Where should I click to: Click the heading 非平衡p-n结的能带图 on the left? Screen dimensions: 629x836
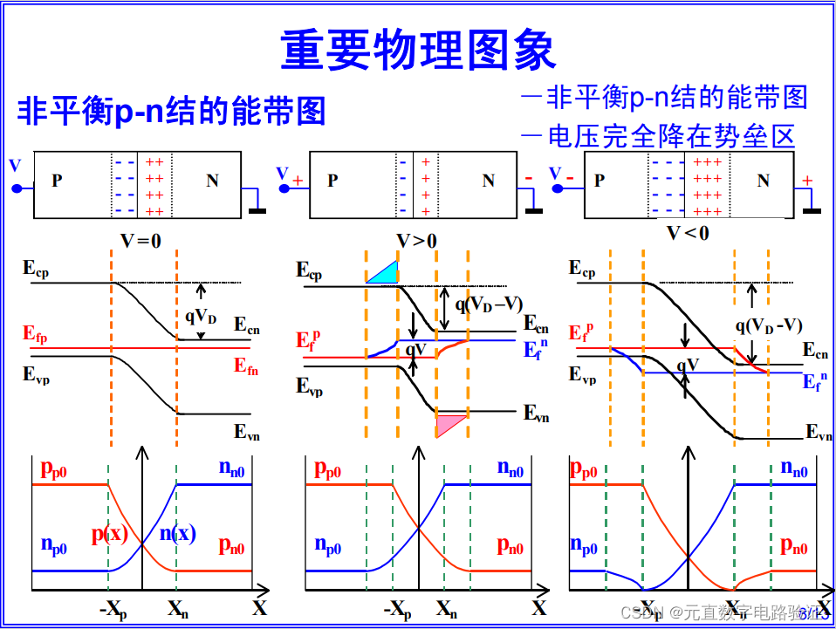click(x=171, y=112)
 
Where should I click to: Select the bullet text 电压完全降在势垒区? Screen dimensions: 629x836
click(x=671, y=136)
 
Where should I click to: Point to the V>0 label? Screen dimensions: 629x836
click(x=416, y=241)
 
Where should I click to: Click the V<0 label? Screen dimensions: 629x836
click(x=688, y=233)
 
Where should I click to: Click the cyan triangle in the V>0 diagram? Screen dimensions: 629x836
click(x=385, y=273)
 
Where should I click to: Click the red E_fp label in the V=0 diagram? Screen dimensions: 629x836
click(x=36, y=333)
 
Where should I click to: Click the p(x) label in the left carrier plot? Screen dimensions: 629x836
click(x=110, y=534)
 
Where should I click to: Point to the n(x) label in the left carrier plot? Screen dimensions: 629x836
click(x=176, y=534)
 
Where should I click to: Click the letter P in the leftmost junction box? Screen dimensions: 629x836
click(x=57, y=181)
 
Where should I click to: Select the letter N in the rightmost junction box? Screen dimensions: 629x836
click(x=763, y=181)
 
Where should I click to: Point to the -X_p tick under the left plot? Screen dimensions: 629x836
click(x=113, y=609)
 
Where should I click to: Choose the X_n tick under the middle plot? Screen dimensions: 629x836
click(x=446, y=608)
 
